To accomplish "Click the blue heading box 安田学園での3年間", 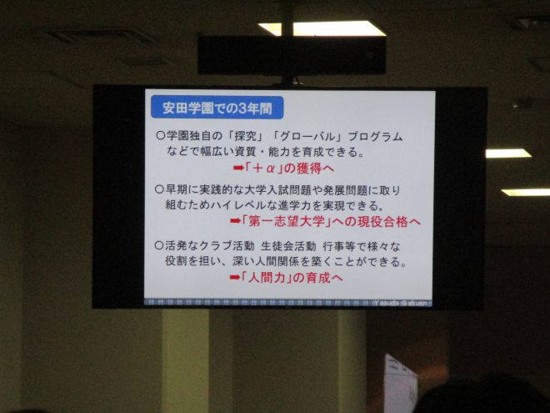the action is [x=217, y=108].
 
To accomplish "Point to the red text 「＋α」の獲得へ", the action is [x=288, y=169].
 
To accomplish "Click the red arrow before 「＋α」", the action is [x=238, y=169].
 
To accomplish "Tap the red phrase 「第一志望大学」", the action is [x=287, y=222].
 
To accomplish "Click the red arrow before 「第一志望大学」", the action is [x=236, y=222].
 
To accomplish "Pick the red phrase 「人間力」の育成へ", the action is [x=292, y=278].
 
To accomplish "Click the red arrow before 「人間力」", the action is [x=235, y=278].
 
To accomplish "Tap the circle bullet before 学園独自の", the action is [x=160, y=135].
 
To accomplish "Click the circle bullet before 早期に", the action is [x=159, y=189].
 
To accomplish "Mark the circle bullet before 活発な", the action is [x=159, y=245].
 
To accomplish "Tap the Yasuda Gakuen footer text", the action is [x=402, y=303].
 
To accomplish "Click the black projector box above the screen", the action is [x=292, y=55].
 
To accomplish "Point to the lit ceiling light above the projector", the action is [x=322, y=29].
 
